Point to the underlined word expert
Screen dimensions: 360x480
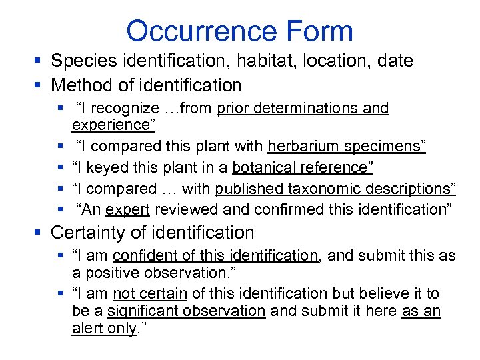[x=128, y=209]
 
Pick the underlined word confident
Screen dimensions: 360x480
[x=143, y=255]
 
